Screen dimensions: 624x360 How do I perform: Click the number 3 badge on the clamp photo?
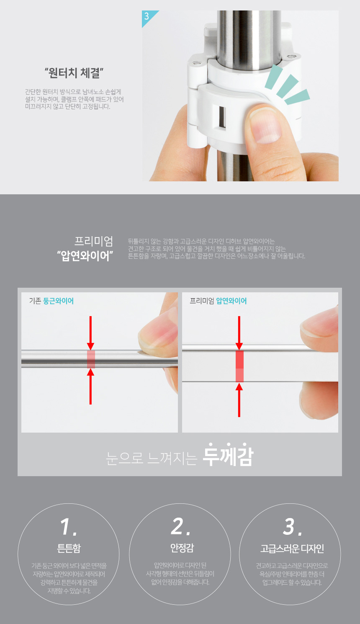click(147, 16)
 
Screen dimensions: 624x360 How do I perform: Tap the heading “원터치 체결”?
click(74, 73)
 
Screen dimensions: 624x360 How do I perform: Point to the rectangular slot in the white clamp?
click(222, 118)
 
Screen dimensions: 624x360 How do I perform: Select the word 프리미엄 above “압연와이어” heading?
click(94, 242)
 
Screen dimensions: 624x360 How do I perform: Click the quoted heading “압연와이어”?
click(85, 256)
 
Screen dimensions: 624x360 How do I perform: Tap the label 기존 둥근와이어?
click(51, 301)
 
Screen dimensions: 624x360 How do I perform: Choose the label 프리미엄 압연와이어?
click(218, 301)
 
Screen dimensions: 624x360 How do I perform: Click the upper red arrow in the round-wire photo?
click(90, 333)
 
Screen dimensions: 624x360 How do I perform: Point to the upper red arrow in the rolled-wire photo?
click(239, 333)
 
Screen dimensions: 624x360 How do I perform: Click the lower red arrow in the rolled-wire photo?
click(239, 400)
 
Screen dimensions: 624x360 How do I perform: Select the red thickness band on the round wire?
click(91, 359)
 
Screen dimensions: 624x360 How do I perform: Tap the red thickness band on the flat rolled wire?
click(239, 366)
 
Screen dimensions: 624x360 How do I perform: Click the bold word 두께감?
click(228, 456)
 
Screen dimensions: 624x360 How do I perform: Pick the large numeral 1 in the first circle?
click(66, 527)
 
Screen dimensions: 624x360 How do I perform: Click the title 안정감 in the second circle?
click(182, 548)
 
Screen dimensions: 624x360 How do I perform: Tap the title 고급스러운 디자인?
click(292, 549)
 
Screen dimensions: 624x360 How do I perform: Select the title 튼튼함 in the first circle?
click(69, 549)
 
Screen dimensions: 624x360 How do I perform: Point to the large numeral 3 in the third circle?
click(289, 527)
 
